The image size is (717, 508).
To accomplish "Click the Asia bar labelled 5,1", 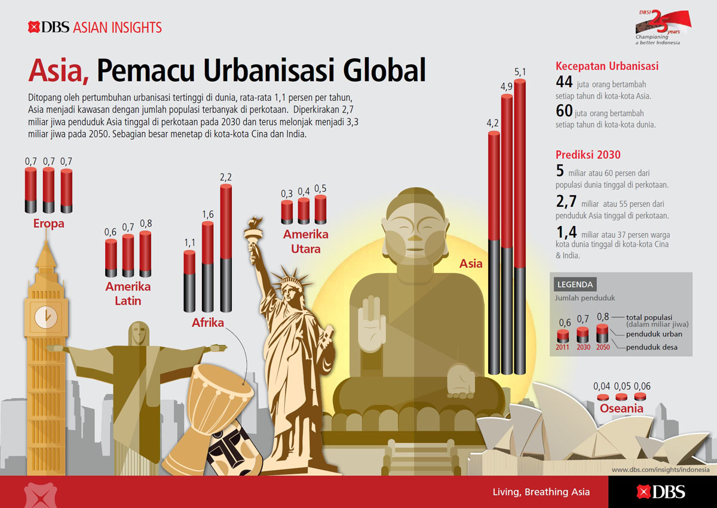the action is click(x=520, y=227).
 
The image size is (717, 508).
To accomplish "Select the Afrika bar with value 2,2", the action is click(x=226, y=248).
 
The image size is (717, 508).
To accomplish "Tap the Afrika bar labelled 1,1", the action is click(x=189, y=281).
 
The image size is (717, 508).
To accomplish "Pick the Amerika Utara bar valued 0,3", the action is click(x=287, y=212).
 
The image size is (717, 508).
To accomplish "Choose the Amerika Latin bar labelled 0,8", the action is click(x=145, y=254).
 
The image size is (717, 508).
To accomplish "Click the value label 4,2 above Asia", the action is click(x=492, y=123).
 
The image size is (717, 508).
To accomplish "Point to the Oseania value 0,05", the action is click(x=622, y=386).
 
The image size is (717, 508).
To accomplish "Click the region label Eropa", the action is click(x=48, y=224).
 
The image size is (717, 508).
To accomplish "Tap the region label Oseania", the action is click(x=621, y=408).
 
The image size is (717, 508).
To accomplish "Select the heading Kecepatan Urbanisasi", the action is click(x=607, y=66).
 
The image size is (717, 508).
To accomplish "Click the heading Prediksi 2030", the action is click(x=588, y=155).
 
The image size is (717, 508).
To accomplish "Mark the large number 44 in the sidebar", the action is click(x=564, y=82).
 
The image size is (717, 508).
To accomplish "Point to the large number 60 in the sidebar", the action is click(x=564, y=111).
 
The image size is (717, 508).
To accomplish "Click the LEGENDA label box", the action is click(x=575, y=284).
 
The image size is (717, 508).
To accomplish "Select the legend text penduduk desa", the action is click(x=652, y=347).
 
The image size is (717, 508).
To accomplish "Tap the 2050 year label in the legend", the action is click(x=603, y=347).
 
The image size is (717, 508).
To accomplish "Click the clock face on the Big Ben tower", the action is click(x=46, y=317).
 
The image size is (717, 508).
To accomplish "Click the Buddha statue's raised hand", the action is click(x=371, y=324).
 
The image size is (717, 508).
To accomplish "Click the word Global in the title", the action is click(x=384, y=71).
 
